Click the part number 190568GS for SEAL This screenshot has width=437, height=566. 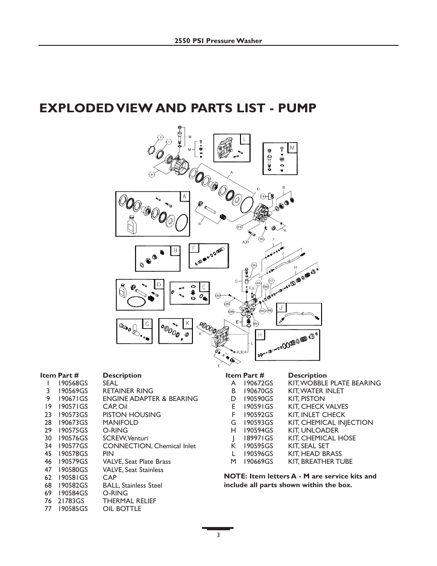pos(73,383)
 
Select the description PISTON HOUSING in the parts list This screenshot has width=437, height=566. pos(131,415)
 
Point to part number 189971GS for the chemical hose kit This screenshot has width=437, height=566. pos(258,438)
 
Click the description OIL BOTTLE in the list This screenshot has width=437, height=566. pos(122,509)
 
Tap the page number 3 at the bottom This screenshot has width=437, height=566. pos(218,535)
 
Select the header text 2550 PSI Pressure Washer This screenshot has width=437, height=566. pos(218,41)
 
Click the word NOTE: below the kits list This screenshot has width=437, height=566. pos(235,476)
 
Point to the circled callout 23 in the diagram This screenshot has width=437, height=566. pos(239,227)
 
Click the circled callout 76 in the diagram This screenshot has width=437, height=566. pos(261,239)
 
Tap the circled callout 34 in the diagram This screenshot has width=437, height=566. pos(254,264)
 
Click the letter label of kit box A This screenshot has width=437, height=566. pos(185,197)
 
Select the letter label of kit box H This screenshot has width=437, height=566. pos(259,335)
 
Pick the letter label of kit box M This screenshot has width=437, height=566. pos(292,148)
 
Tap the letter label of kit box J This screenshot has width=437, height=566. pos(282,308)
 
